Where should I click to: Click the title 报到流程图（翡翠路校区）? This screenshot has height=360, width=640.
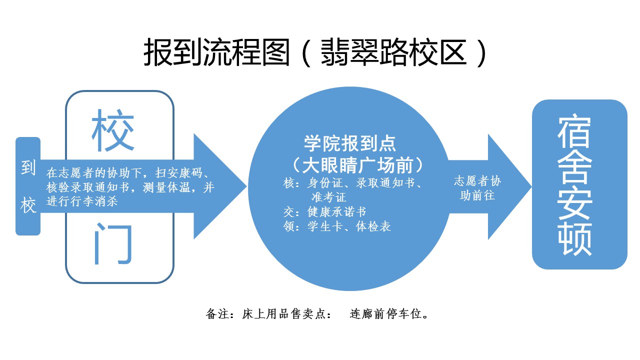pyautogui.click(x=315, y=52)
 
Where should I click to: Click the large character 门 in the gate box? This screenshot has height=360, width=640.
pyautogui.click(x=113, y=244)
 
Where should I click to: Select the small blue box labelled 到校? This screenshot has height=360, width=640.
pyautogui.click(x=28, y=186)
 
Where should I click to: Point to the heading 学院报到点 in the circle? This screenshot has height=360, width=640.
pyautogui.click(x=350, y=144)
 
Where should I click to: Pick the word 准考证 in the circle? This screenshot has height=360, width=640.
pyautogui.click(x=328, y=198)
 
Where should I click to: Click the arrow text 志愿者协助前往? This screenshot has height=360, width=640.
pyautogui.click(x=477, y=187)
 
